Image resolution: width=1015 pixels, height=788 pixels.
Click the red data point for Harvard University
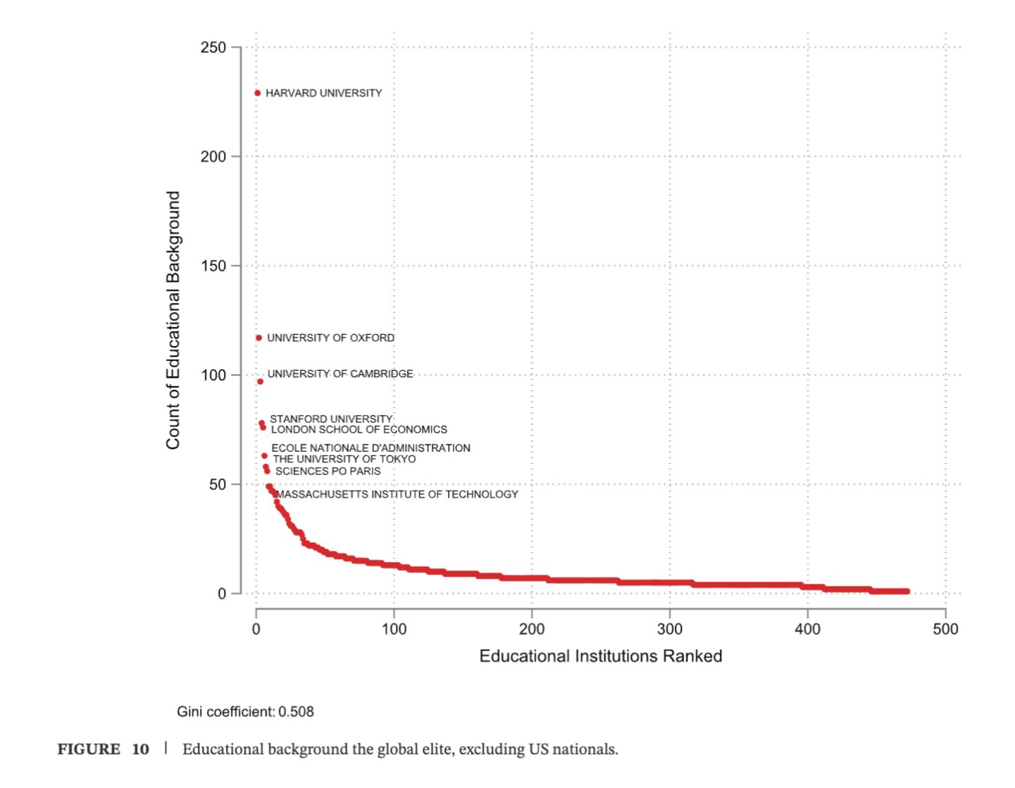258,93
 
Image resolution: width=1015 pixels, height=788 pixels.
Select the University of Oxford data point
259,338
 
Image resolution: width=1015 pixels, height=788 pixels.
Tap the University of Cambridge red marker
261,381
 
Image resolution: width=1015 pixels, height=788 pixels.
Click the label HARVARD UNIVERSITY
323,93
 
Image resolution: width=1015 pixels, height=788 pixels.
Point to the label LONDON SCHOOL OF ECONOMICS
359,430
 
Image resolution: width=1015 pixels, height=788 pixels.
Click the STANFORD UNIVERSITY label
331,419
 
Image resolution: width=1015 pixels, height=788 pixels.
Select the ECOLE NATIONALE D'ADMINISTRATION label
370,448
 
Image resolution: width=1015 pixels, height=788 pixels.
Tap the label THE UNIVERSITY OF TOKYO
344,460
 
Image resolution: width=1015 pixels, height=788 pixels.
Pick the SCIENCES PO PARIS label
328,472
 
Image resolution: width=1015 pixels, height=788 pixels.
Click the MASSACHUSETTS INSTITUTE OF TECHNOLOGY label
397,495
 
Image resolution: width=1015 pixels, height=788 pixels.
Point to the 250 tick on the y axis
213,48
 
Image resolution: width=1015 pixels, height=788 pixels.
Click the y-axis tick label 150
213,266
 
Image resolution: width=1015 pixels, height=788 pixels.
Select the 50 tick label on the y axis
217,485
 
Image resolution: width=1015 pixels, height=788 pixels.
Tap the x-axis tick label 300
669,629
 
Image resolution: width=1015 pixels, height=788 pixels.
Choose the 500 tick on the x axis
945,629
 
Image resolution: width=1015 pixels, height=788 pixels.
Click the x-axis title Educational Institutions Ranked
600,656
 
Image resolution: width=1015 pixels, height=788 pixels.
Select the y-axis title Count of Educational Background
173,320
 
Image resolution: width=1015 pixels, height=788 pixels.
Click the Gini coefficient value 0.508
296,712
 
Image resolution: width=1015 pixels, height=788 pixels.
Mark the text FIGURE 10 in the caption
103,749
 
